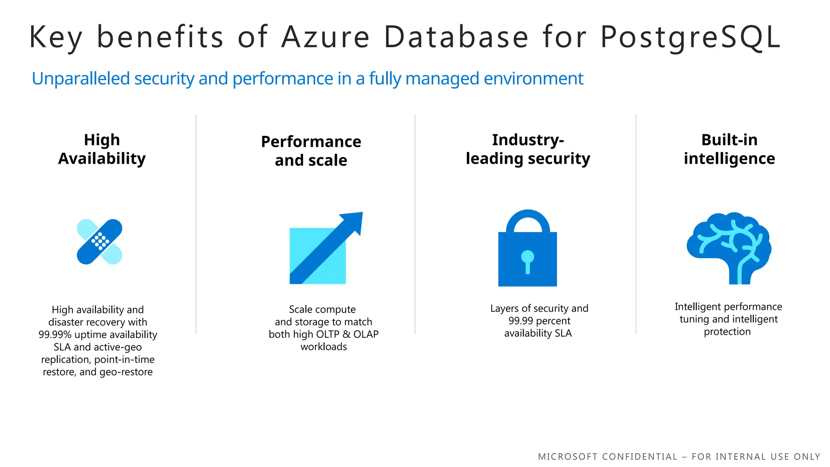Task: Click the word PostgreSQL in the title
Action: point(690,37)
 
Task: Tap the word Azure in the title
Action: point(325,37)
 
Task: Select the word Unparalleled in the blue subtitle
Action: point(81,79)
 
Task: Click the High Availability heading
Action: point(102,149)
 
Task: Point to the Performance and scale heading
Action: point(311,151)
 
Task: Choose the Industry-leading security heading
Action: point(528,149)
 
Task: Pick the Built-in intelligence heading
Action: point(729,149)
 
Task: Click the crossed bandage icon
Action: point(100,242)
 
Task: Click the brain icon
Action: point(729,247)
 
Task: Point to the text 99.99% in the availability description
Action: point(55,335)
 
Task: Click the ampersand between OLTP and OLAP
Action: point(347,334)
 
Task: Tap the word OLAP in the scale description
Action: point(366,334)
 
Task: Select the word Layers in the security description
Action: point(503,308)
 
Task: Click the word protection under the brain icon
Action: point(727,332)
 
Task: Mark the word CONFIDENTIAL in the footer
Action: point(640,457)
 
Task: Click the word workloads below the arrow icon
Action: point(323,347)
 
